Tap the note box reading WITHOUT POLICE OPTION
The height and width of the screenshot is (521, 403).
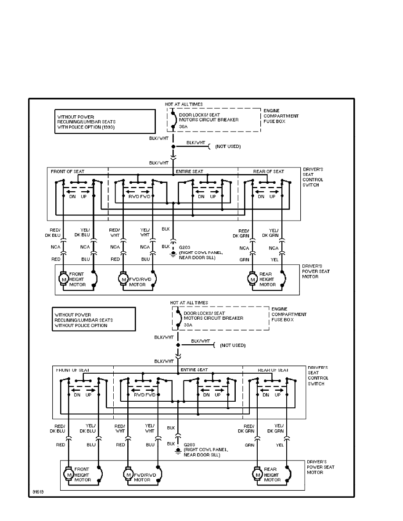(94, 320)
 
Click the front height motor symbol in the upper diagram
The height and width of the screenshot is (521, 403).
(64, 278)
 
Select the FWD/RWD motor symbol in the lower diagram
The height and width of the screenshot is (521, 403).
(128, 474)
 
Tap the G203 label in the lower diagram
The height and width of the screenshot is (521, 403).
(190, 445)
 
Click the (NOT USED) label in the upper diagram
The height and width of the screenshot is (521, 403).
(228, 146)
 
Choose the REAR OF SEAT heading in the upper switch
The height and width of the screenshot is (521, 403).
(269, 171)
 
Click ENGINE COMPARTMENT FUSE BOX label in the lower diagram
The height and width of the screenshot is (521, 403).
(289, 314)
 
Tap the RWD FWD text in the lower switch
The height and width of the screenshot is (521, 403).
(145, 395)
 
